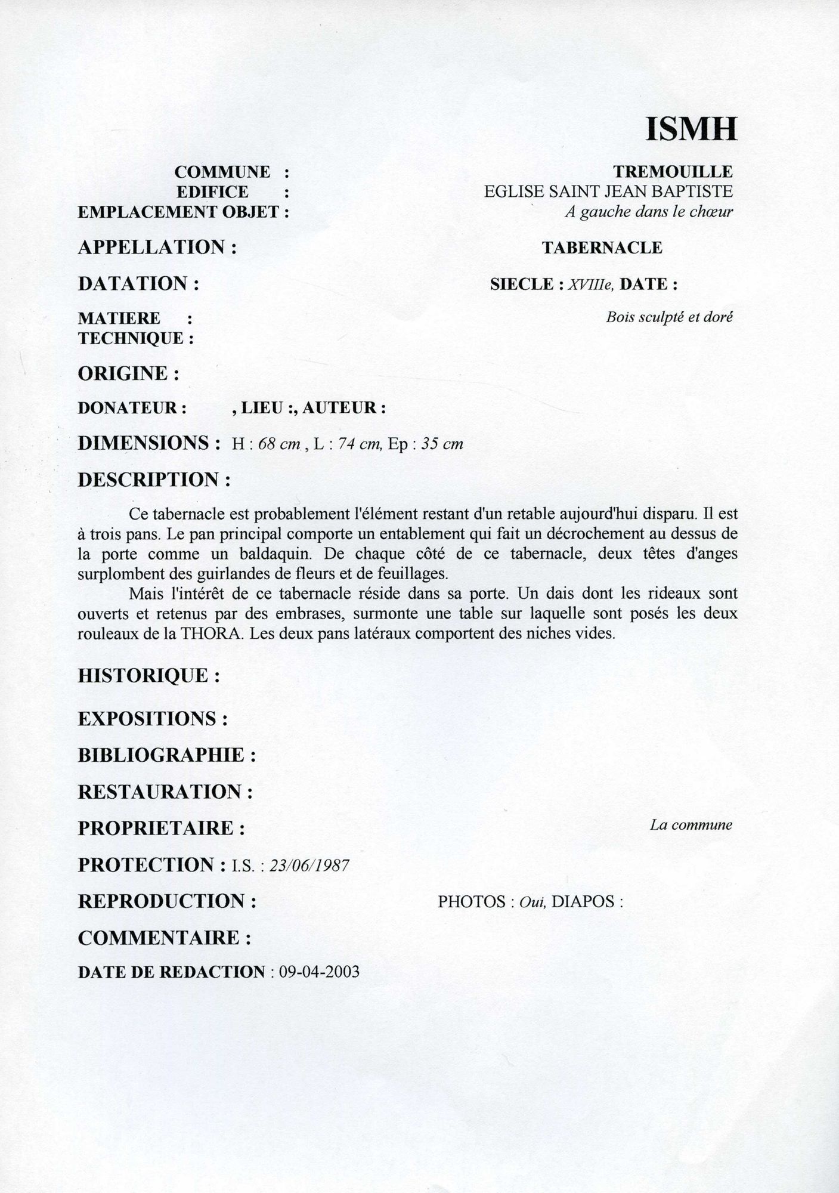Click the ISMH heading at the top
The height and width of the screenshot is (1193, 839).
[x=691, y=129]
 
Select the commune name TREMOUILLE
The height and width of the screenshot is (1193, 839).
[x=673, y=172]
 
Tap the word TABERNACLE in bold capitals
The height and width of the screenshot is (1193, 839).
[x=602, y=248]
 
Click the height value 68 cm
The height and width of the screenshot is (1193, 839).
[x=279, y=444]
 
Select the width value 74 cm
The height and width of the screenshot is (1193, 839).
[x=360, y=444]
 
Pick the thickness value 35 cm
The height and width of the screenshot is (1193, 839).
[x=442, y=444]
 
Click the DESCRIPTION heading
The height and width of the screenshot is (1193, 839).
[x=148, y=480]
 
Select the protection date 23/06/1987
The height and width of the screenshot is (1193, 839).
[x=309, y=866]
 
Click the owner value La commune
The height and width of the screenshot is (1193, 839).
[x=691, y=826]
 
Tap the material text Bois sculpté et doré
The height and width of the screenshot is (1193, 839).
[x=669, y=317]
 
